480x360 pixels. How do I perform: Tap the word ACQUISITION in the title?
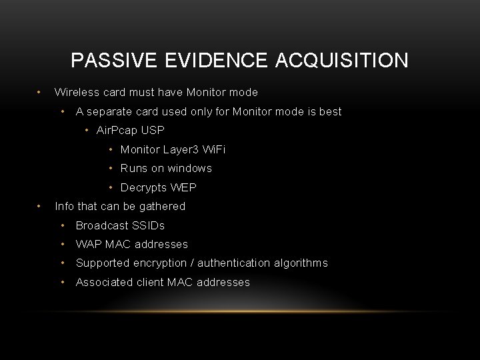(x=341, y=61)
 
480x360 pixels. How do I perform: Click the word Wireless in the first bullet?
(x=75, y=92)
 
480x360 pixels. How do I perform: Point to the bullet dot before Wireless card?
(x=40, y=92)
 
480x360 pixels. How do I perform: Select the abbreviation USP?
(x=152, y=130)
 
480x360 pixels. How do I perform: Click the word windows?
(x=189, y=168)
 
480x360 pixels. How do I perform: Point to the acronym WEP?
(x=183, y=187)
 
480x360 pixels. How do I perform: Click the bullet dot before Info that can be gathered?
(x=40, y=206)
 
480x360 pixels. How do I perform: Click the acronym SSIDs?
(x=147, y=225)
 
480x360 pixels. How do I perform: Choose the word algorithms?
(x=299, y=263)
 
